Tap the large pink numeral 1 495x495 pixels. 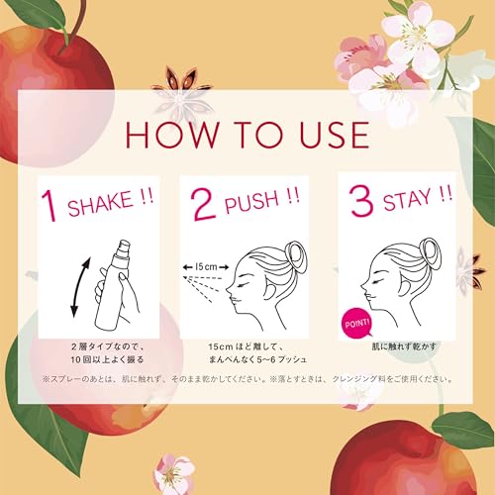46,204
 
